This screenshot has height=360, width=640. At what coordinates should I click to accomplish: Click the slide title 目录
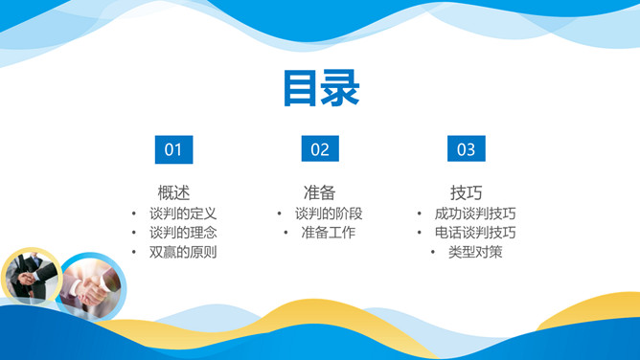(x=320, y=88)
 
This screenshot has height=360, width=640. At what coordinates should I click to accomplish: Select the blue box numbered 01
(x=173, y=148)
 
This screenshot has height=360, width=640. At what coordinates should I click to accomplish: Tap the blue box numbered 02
(x=320, y=148)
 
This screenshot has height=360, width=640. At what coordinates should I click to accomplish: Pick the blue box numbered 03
(x=466, y=148)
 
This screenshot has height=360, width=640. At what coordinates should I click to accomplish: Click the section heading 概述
(x=173, y=191)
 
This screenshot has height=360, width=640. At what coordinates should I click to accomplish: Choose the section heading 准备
(x=319, y=191)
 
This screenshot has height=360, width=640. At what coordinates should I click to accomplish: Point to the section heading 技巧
(x=466, y=191)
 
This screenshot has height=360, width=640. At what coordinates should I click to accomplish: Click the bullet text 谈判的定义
(x=183, y=213)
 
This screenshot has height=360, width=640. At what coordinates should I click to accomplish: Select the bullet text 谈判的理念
(x=183, y=233)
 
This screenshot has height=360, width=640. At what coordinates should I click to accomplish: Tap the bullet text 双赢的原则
(x=183, y=253)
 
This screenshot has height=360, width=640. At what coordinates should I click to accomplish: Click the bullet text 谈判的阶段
(x=329, y=213)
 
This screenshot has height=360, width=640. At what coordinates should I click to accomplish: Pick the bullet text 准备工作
(x=329, y=233)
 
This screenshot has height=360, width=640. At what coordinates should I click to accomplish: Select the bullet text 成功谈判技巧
(x=475, y=213)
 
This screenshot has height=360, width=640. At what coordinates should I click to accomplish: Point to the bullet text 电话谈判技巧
(x=475, y=233)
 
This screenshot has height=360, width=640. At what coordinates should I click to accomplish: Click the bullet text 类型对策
(x=475, y=253)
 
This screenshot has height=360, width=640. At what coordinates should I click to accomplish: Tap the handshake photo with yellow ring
(x=31, y=277)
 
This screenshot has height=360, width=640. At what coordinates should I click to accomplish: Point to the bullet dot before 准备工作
(x=286, y=233)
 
